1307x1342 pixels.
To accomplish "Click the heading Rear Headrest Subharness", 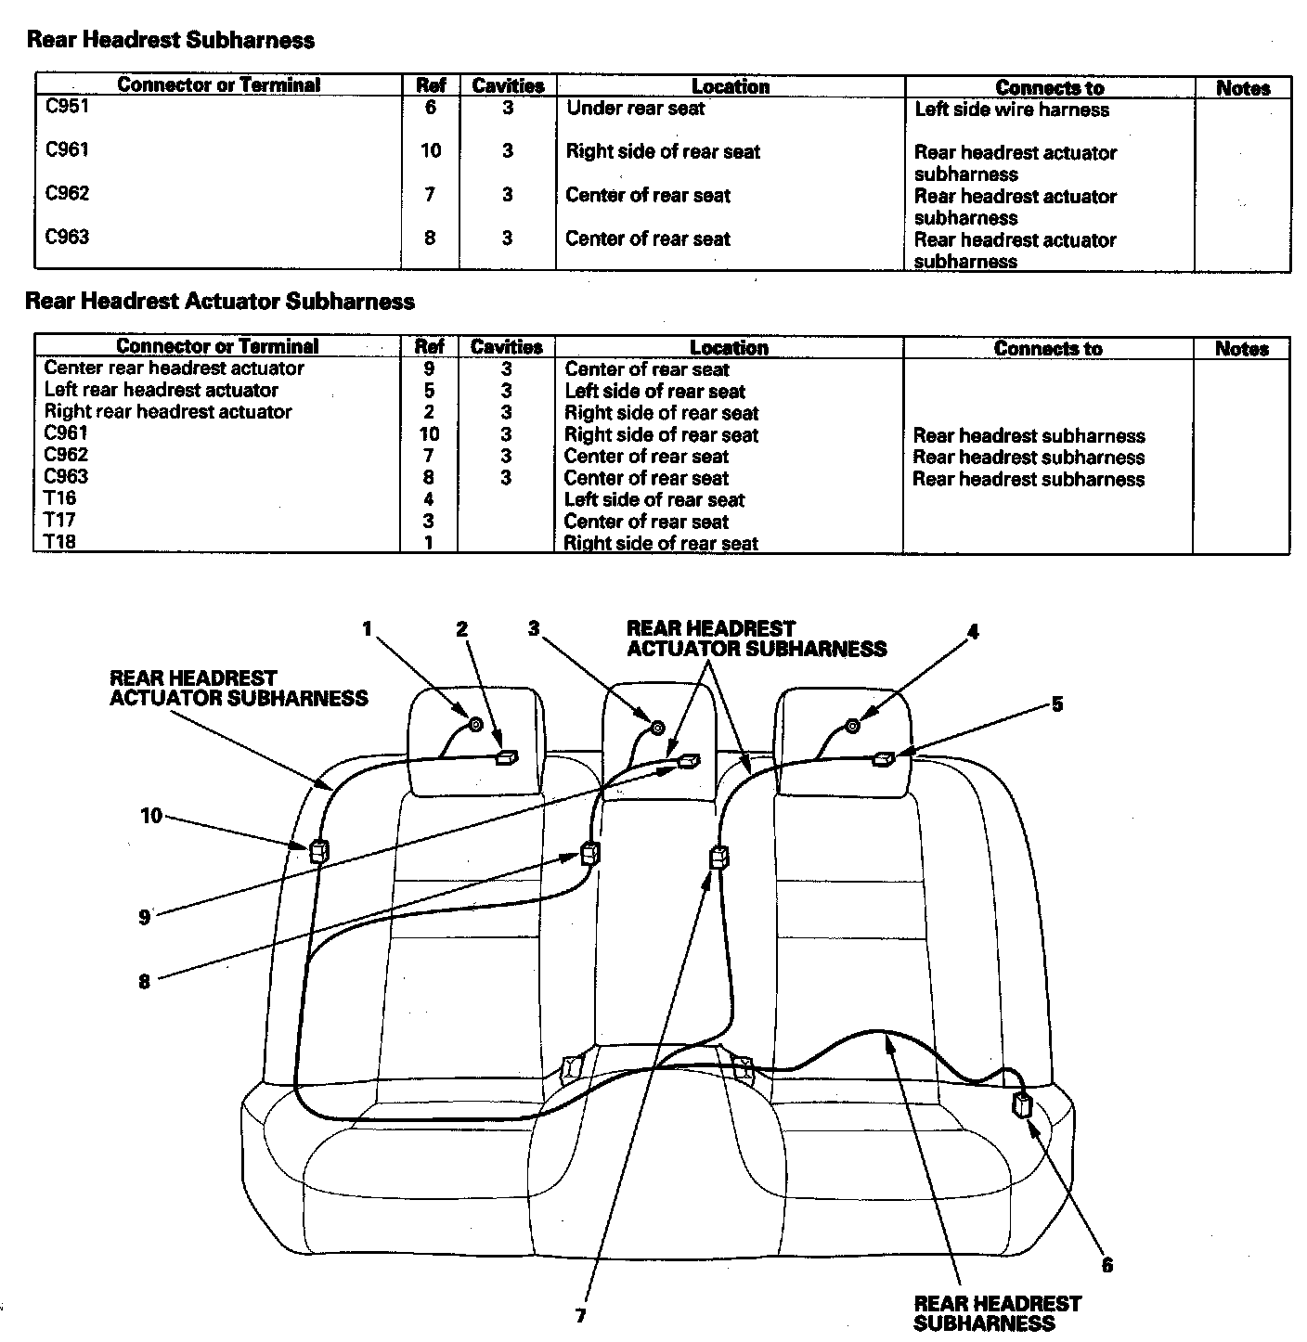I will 171,40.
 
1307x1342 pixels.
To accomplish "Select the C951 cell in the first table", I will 67,106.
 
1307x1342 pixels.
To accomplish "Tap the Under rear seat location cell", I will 635,108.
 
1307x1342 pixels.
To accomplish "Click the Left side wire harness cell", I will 1011,110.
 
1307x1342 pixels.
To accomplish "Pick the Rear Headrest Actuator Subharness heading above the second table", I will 220,302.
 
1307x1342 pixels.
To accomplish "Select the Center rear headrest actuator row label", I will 174,368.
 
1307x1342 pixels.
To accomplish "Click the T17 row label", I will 59,520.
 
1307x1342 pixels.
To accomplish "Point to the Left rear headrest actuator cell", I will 161,390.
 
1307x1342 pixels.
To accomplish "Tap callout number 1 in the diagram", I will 367,629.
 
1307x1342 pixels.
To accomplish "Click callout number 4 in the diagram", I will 972,632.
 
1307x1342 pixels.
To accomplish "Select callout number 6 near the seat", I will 1106,1265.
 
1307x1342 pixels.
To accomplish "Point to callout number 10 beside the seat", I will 151,816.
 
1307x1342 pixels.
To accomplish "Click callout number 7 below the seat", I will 580,1316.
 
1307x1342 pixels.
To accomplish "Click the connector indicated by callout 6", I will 1022,1105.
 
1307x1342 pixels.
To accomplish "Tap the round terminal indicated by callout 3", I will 656,728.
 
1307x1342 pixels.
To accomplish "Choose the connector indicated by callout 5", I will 883,759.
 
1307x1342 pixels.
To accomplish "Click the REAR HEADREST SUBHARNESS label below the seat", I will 996,1313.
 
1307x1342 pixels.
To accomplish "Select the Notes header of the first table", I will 1242,88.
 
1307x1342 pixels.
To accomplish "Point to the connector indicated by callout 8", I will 589,853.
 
